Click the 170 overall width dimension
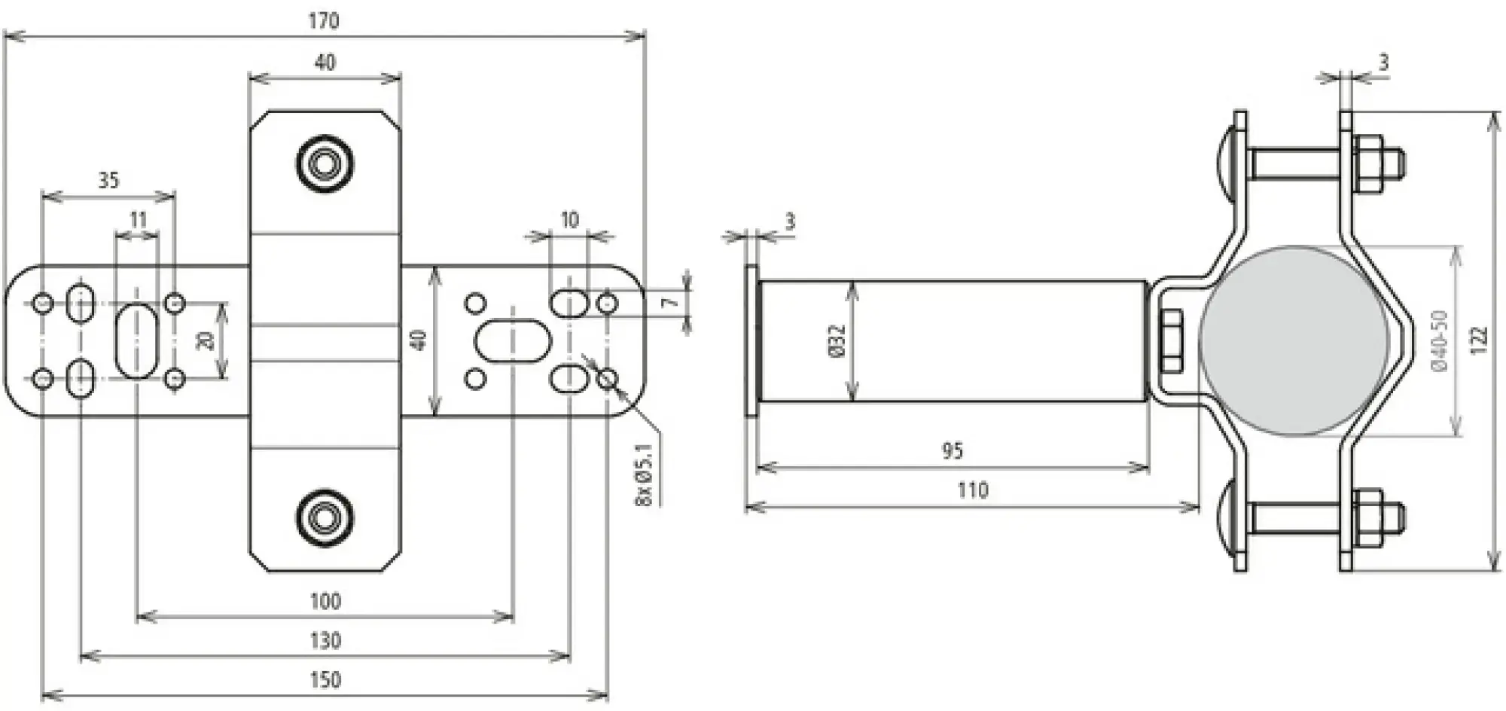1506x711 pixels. click(324, 20)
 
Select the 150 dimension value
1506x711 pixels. click(325, 679)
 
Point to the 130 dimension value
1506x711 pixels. click(325, 640)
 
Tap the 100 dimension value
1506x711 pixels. click(325, 601)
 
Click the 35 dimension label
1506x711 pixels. click(108, 180)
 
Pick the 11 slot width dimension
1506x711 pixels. click(138, 220)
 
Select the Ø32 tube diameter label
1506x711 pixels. click(837, 340)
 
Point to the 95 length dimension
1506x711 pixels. click(953, 450)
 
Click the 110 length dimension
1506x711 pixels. click(972, 490)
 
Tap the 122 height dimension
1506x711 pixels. click(1479, 340)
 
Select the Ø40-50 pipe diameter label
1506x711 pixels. click(1437, 340)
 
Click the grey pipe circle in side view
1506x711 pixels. click(1293, 340)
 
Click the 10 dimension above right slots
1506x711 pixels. click(569, 220)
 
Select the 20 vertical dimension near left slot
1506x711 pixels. click(205, 340)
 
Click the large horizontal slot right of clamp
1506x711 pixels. click(512, 340)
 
